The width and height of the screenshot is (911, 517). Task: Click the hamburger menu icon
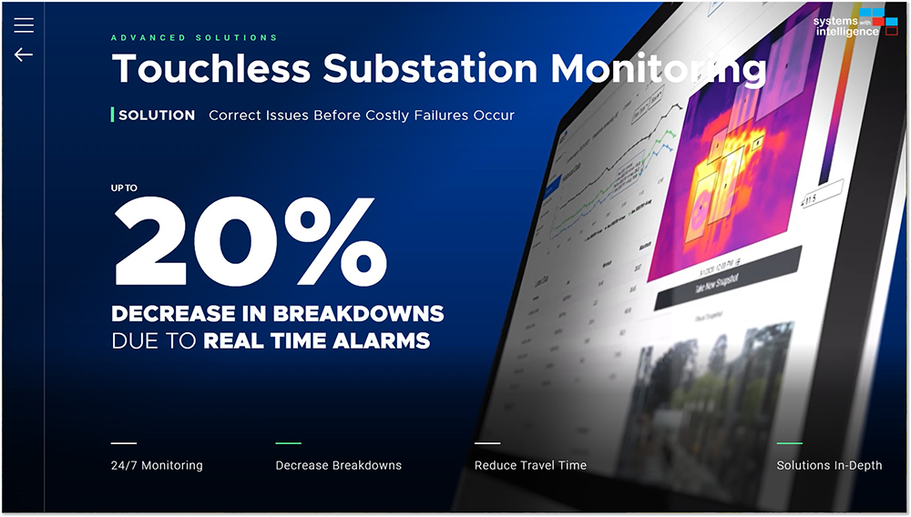24,25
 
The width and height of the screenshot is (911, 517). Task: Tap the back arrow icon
24,55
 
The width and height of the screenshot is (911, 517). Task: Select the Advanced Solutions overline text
194,38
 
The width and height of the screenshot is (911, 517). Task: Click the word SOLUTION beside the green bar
157,116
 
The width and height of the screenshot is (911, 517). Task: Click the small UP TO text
125,188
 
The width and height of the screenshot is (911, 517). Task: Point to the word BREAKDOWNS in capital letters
366,315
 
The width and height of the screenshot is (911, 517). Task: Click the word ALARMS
383,341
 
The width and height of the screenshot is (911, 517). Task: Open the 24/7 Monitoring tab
157,465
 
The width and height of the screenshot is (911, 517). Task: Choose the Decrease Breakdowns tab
338,465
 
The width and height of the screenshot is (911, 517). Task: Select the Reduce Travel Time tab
530,465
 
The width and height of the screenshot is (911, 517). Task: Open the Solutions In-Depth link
829,465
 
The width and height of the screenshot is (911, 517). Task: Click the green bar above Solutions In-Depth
789,443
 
